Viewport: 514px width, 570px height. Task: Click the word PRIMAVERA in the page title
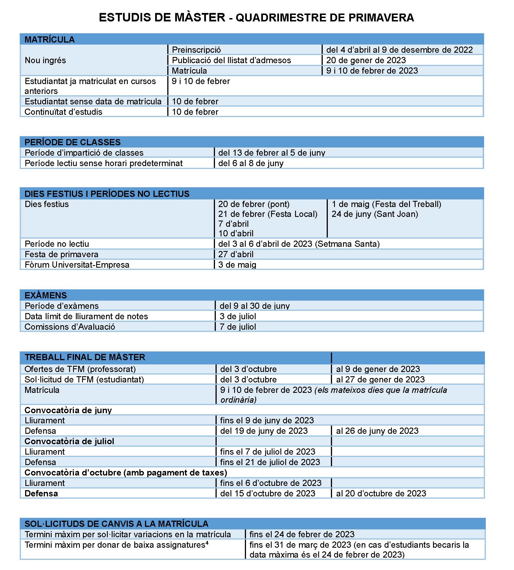381,17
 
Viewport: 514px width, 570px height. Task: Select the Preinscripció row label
196,50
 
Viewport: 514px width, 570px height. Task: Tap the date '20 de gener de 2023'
366,60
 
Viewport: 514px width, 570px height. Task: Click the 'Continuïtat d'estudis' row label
63,112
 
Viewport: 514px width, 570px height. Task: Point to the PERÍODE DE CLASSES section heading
72,142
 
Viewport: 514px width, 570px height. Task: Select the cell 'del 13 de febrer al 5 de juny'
271,153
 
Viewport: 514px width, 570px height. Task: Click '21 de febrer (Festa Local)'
267,214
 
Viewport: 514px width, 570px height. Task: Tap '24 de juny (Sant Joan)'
374,214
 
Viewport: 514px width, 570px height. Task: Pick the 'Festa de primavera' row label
61,254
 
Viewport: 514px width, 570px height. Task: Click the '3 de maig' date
237,265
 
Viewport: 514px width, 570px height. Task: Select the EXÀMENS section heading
45,295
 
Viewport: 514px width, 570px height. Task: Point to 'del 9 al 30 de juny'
254,306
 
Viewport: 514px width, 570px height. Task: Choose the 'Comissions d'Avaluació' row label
70,327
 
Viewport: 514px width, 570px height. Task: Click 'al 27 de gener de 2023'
380,379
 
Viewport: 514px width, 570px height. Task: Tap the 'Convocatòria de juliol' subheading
69,441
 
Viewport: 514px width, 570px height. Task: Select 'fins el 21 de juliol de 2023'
270,462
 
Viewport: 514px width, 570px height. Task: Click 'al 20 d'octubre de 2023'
381,493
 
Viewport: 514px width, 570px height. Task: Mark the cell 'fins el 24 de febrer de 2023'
302,534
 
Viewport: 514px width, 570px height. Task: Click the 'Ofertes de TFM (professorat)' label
80,369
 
